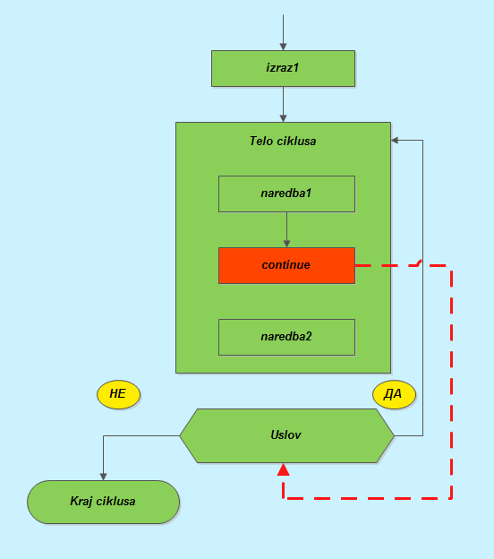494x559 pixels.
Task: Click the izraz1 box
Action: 283,68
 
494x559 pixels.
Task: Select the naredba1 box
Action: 286,193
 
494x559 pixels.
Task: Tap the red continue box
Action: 286,265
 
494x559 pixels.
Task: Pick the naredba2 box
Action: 286,337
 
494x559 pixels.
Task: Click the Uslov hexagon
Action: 286,435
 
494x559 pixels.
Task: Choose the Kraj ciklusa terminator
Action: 103,502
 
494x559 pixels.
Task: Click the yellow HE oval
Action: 118,394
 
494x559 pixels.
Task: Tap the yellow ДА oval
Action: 394,394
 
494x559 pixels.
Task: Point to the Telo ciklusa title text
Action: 283,142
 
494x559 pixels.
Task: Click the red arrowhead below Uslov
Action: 283,469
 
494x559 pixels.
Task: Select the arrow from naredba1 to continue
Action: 286,229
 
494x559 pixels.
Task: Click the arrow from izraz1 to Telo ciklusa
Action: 283,105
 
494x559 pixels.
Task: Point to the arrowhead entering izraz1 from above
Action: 283,47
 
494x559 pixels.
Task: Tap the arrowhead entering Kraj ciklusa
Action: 103,477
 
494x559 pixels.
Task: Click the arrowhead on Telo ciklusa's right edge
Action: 395,141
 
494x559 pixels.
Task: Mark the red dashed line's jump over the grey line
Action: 421,262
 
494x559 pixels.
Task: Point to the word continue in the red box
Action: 286,265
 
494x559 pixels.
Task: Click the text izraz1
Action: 283,68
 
